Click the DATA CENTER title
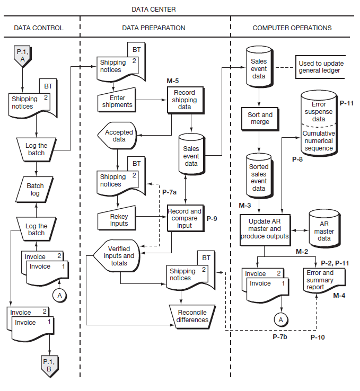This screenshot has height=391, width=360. pyautogui.click(x=154, y=10)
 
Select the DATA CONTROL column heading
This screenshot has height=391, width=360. pyautogui.click(x=38, y=28)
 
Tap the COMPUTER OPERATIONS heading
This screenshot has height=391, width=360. pyautogui.click(x=292, y=28)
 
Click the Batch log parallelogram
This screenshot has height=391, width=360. pyautogui.click(x=36, y=190)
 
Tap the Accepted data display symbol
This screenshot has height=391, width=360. pyautogui.click(x=117, y=136)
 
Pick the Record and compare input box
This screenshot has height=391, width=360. pyautogui.click(x=185, y=218)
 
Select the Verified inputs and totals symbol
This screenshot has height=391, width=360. pyautogui.click(x=117, y=256)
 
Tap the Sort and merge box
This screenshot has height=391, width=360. pyautogui.click(x=260, y=118)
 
